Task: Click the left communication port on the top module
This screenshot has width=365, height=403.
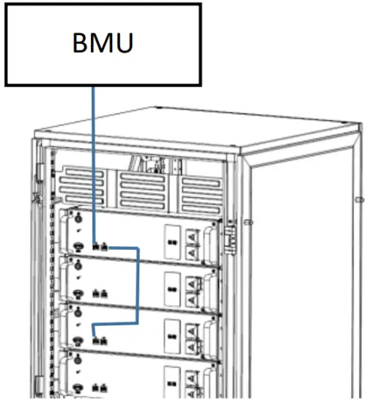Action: (97, 245)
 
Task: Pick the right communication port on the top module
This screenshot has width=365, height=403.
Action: (105, 245)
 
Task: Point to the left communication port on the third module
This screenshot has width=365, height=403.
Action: (97, 339)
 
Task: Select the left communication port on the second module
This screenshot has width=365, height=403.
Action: (97, 292)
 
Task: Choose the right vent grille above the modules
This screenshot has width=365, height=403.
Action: (201, 194)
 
